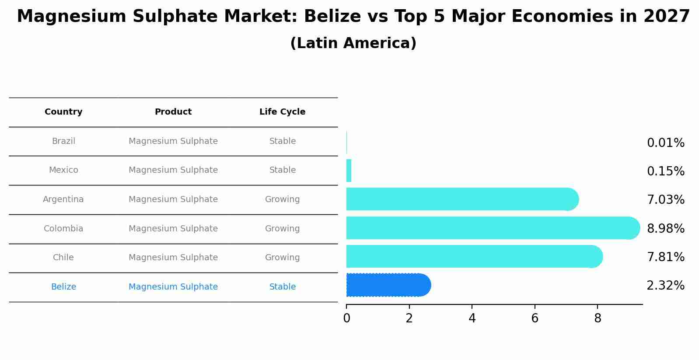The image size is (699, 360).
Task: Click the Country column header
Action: point(63,112)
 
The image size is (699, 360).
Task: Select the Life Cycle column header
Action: point(282,112)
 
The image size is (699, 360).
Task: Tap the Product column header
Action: point(173,112)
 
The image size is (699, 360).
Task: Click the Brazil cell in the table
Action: point(63,141)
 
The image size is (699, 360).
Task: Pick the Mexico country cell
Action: point(63,170)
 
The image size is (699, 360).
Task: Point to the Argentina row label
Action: point(63,199)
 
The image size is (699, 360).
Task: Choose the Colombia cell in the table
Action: point(63,229)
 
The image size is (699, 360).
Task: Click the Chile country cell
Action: point(63,258)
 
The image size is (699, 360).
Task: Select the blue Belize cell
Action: point(63,287)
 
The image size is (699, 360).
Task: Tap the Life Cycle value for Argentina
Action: point(282,199)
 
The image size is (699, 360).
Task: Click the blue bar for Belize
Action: point(387,285)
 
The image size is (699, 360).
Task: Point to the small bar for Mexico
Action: point(349,171)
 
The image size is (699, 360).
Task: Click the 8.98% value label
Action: point(665,229)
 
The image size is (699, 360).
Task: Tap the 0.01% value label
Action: point(665,143)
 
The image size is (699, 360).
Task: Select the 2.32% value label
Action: point(665,286)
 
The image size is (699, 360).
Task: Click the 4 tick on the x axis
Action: point(472,318)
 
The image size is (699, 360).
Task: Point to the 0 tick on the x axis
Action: point(346,318)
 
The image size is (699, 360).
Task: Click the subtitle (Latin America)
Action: point(353,43)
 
